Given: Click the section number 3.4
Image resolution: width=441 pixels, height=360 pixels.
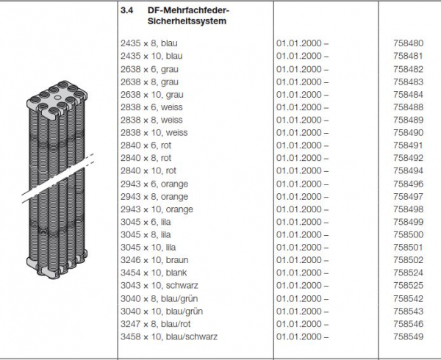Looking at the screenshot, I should click(125, 11).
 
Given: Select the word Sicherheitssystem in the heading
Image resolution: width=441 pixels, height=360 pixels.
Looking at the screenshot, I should click(173, 23).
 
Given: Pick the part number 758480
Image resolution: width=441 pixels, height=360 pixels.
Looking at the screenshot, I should click(409, 43).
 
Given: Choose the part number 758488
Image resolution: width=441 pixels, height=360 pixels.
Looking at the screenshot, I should click(409, 107).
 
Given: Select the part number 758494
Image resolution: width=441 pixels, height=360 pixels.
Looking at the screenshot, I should click(409, 171).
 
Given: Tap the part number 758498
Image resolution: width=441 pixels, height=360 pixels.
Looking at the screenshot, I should click(409, 209).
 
